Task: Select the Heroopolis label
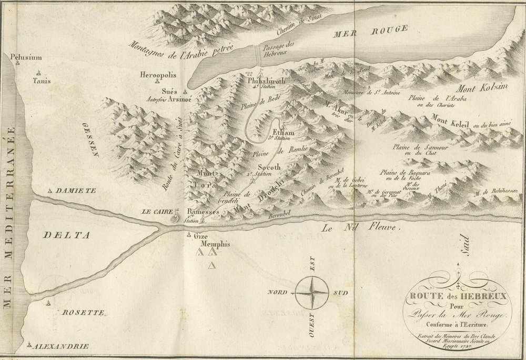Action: point(157,74)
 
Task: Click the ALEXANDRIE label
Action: point(59,346)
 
